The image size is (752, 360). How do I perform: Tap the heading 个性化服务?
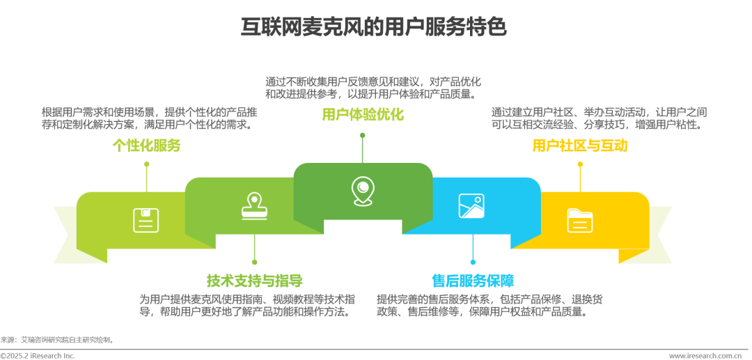coord(146,145)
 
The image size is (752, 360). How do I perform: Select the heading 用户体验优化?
coord(362,115)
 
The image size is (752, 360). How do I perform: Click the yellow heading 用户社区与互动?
coord(579,145)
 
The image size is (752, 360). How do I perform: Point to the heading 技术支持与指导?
coord(254,281)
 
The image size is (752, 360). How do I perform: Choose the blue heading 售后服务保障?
coord(473,281)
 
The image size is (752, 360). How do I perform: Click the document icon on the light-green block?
coord(146,220)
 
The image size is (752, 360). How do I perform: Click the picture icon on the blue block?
coord(471,205)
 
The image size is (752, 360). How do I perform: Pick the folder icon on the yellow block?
coord(579,220)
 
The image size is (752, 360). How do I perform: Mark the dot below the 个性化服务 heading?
coord(146,164)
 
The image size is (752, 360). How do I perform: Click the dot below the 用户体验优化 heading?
coord(362,135)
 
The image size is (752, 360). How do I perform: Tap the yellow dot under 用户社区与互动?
coord(580,164)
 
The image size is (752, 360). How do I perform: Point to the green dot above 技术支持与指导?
coord(254,262)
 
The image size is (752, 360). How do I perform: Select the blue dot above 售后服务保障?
coord(473,262)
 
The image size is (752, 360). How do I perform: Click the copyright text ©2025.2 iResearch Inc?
coord(38,356)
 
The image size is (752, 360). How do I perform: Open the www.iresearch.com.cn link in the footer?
coord(704,356)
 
